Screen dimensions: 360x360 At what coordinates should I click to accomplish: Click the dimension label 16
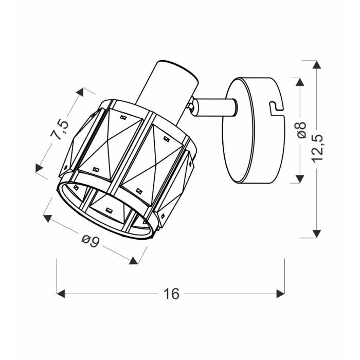tap(171, 294)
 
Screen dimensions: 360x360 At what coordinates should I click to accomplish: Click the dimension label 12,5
tap(317, 149)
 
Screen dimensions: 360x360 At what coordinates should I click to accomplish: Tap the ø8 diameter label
tap(301, 130)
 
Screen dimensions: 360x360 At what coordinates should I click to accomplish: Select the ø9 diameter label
tap(90, 241)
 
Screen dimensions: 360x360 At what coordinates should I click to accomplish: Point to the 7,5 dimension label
tap(60, 129)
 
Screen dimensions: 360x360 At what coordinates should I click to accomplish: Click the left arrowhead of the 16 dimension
tap(61, 294)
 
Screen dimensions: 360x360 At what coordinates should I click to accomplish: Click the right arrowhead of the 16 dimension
tap(281, 294)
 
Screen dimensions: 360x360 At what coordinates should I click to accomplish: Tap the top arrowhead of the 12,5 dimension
tap(317, 64)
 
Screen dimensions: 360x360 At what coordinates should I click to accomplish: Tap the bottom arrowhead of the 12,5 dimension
tap(317, 233)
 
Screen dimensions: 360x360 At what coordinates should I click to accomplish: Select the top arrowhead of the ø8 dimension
tap(300, 82)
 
